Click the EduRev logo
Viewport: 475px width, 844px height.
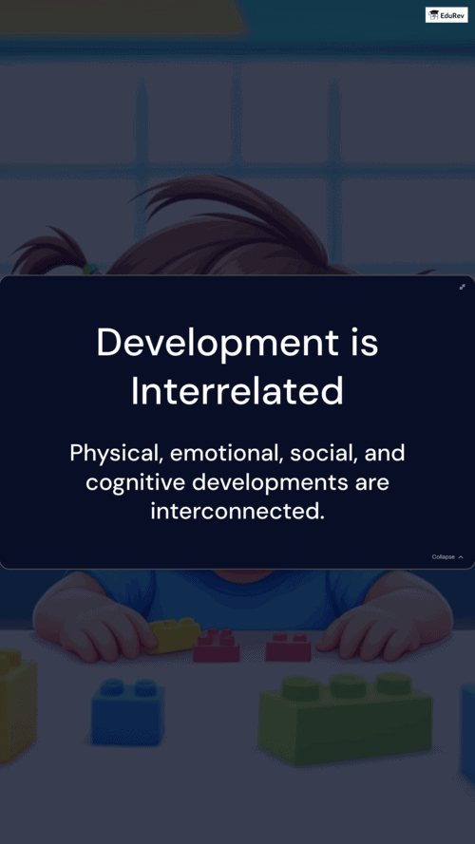tap(446, 14)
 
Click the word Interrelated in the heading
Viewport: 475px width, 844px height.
tap(237, 391)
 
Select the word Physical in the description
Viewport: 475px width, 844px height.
tap(116, 454)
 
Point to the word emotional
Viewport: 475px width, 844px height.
tap(227, 453)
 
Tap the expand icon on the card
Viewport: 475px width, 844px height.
tap(462, 287)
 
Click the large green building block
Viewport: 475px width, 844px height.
tap(346, 716)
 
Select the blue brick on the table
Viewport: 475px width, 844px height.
tap(128, 712)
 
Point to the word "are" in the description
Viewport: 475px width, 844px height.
tap(371, 483)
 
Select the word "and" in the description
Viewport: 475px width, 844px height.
tap(385, 453)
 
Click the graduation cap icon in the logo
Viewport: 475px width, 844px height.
tap(434, 15)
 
